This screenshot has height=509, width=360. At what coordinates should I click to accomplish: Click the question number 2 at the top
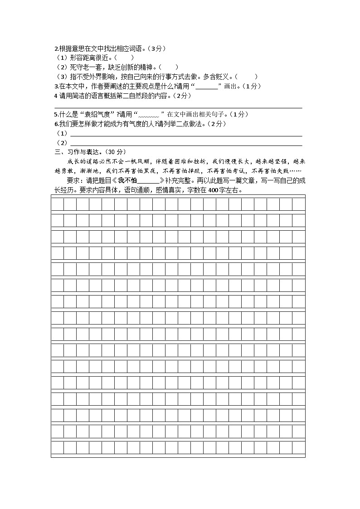[x=56, y=48]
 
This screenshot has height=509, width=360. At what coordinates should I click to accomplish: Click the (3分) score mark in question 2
[x=157, y=48]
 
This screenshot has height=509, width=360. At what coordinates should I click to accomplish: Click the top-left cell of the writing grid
[x=58, y=204]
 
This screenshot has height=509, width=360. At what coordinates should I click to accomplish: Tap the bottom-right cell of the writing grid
[x=299, y=448]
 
